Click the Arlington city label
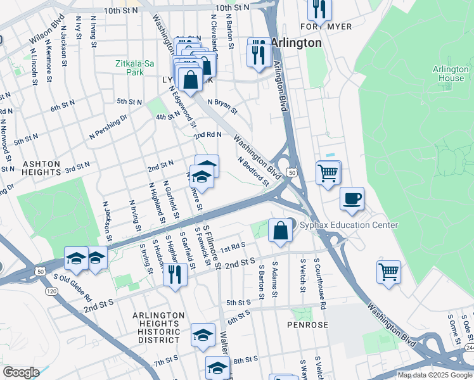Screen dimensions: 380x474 click(x=296, y=42)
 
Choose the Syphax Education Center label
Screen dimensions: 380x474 click(x=349, y=225)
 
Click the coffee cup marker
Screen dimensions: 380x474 click(x=352, y=199)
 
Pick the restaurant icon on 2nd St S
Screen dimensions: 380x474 click(x=175, y=274)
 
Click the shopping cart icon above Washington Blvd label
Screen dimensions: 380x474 click(x=388, y=272)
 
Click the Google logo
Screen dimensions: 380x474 click(x=21, y=372)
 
